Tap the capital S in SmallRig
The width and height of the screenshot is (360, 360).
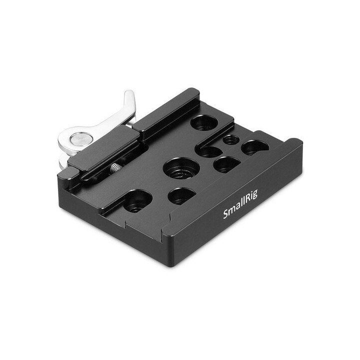225,216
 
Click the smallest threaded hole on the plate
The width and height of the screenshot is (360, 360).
230,140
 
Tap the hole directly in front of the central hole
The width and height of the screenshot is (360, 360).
182,195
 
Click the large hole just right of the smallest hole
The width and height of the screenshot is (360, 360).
255,147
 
